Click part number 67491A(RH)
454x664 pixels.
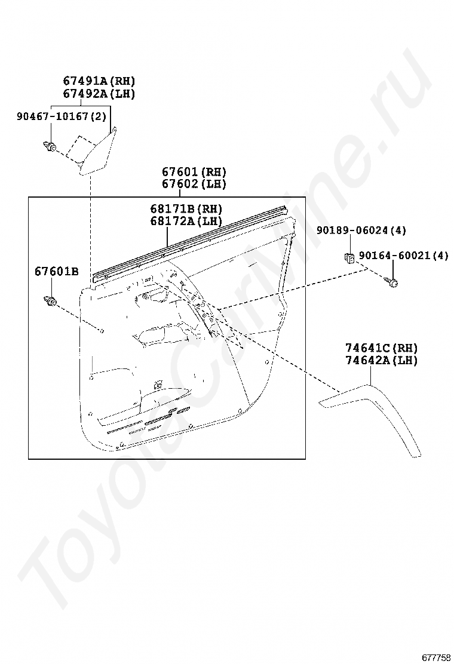tap(99, 81)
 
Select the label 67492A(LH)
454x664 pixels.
tap(99, 94)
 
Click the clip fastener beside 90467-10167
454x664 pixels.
tap(50, 145)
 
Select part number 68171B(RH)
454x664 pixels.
tap(186, 209)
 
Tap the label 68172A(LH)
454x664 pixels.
tap(186, 221)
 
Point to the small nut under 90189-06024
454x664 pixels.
tap(349, 257)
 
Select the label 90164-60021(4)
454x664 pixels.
tap(403, 256)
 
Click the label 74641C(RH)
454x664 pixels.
tap(381, 348)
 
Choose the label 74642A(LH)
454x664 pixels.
tap(381, 360)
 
